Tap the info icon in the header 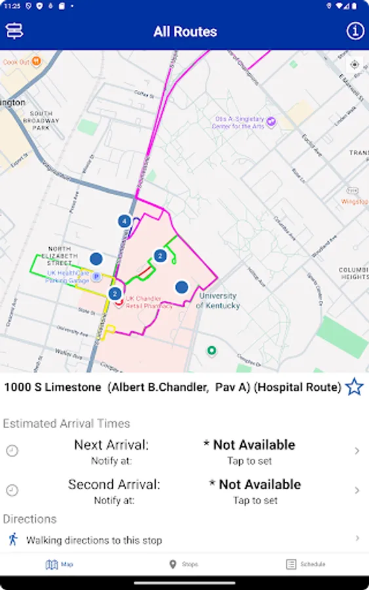355,31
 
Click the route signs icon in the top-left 14,31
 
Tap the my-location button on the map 355,64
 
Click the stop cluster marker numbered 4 124,221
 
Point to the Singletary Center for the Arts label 241,123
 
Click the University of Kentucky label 218,301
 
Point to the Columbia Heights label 354,273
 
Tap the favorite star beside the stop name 354,387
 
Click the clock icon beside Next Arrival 12,451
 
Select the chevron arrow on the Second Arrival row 357,490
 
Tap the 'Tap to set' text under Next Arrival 249,461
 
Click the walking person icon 12,540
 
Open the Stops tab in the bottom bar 183,564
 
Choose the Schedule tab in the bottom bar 305,564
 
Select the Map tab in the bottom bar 60,564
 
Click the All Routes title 185,31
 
